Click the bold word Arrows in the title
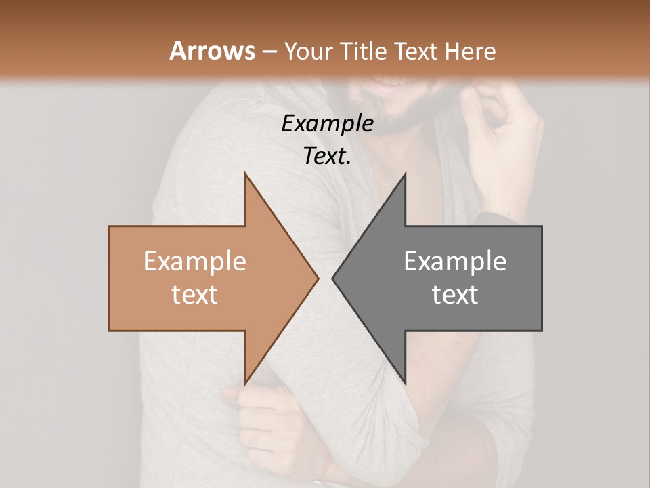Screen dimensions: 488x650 [x=211, y=51]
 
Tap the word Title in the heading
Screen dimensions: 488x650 [x=364, y=51]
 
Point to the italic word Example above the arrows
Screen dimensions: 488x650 [x=327, y=123]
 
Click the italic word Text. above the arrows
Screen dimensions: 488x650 [x=327, y=156]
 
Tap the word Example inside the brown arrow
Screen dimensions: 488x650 [x=195, y=262]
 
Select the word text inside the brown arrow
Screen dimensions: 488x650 [x=195, y=295]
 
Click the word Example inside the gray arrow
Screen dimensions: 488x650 [x=455, y=262]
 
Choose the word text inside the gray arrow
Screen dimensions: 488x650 [x=455, y=295]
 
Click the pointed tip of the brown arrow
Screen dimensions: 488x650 [x=318, y=278]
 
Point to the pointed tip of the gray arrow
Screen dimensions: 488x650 [x=333, y=278]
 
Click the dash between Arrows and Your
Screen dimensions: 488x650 [x=269, y=52]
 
